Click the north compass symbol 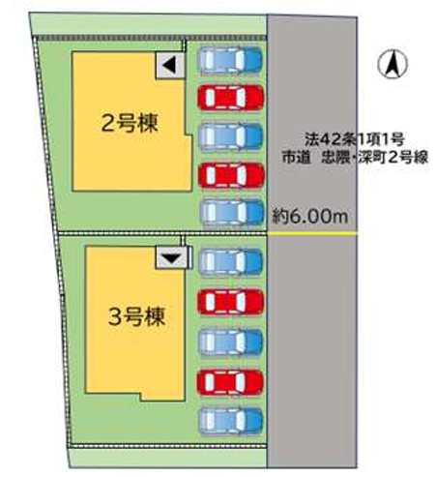(392, 64)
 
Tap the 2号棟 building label (130, 123)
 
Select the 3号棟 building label (136, 316)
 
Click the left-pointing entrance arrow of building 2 (169, 65)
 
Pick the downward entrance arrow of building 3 (171, 258)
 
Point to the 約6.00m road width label (310, 216)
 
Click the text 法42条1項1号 (354, 139)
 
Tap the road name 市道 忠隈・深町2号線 (355, 158)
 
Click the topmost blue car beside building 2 (230, 59)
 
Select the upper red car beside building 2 (231, 97)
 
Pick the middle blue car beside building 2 (230, 136)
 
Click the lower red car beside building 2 (231, 175)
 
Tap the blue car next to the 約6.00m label (232, 213)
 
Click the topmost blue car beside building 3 (231, 261)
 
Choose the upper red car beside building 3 (230, 302)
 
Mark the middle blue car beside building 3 (231, 342)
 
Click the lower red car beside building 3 (230, 382)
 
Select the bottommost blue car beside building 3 (231, 420)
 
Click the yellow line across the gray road (312, 233)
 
